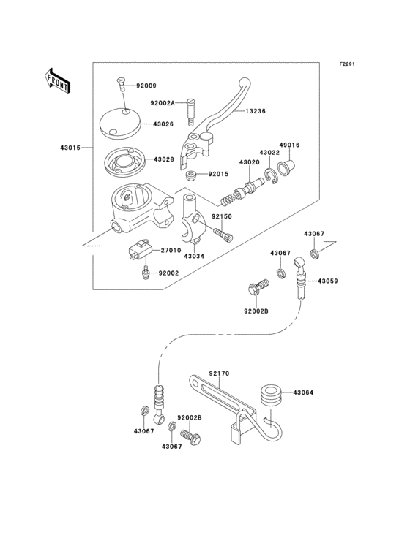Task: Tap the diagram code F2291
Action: (346, 64)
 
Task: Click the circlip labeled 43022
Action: (271, 174)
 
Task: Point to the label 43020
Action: (248, 162)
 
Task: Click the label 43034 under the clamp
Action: (193, 257)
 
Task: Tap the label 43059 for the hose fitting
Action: (328, 281)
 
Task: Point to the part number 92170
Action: (219, 373)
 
